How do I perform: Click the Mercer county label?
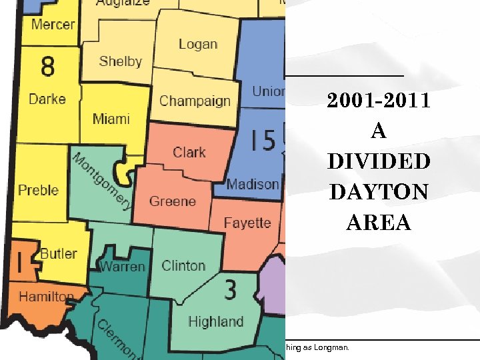(53, 24)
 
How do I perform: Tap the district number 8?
(48, 67)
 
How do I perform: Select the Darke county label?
(47, 99)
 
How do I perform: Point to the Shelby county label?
(120, 61)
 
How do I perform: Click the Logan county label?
(198, 44)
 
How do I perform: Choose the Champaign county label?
(195, 101)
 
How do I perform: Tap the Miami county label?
(111, 119)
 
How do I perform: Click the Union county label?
(268, 91)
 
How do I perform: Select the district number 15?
(263, 141)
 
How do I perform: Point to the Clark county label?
(189, 152)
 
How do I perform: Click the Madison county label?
(252, 184)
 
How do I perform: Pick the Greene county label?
(173, 201)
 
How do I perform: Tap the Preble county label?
(38, 190)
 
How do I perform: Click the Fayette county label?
(247, 223)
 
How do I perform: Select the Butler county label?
(59, 253)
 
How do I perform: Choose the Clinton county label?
(183, 265)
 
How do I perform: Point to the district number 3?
(230, 290)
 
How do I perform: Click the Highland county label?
(215, 321)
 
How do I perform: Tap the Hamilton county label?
(45, 296)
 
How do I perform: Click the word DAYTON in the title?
(379, 193)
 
